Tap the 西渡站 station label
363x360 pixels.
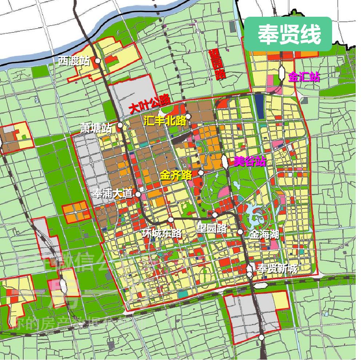(74, 61)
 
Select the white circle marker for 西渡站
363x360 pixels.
(98, 61)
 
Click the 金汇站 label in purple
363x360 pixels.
(304, 77)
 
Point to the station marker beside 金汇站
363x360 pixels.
(282, 73)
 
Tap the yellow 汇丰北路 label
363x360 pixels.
(165, 121)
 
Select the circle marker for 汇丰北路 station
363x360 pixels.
(188, 117)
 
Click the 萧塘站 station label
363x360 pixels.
(96, 128)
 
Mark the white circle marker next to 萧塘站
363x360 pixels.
(120, 125)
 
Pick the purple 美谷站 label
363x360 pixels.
(250, 161)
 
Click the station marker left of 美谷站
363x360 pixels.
(225, 161)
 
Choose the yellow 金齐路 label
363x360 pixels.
(176, 175)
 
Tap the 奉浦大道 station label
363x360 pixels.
(112, 193)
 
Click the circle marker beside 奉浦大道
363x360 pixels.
(138, 194)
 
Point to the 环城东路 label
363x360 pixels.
(161, 233)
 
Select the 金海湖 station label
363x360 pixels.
(264, 235)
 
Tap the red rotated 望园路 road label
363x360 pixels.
(217, 64)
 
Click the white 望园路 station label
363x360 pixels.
(211, 229)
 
